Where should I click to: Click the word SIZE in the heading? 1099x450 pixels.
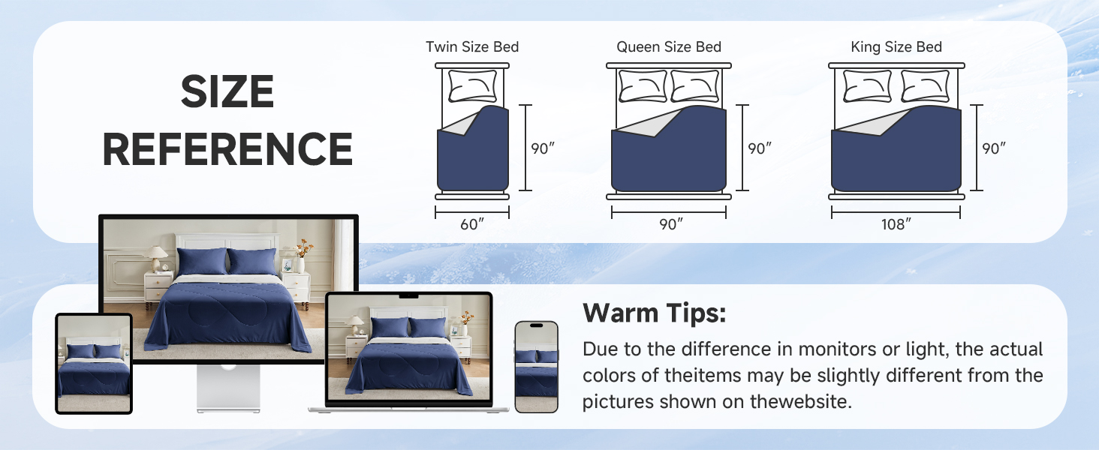point(227,93)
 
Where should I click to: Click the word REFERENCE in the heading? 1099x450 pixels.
point(227,148)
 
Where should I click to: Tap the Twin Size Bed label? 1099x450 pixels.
point(472,47)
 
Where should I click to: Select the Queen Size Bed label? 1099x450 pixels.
point(669,47)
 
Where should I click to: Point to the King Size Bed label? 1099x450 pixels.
point(896,47)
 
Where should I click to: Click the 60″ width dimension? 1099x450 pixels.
point(472,223)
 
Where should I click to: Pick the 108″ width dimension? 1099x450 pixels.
point(896,223)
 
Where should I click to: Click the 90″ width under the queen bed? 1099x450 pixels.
point(669,223)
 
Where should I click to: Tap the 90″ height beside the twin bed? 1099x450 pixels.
point(543,148)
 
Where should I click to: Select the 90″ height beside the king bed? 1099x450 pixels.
point(994,148)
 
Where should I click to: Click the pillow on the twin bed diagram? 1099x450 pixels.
point(472,86)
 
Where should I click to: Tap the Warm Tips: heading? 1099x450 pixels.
point(655,313)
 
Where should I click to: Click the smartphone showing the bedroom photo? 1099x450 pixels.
point(536,367)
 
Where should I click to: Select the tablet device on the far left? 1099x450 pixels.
point(94,364)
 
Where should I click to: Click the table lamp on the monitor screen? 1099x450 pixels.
point(157,257)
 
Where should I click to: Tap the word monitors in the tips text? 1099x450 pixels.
point(836,349)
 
